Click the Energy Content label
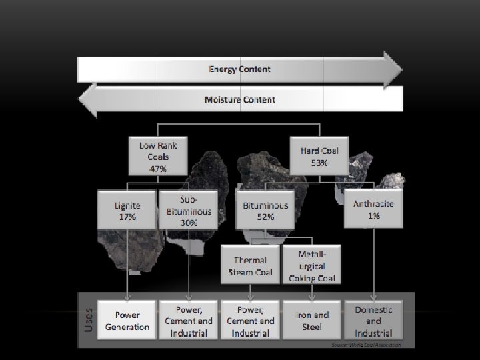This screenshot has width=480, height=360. tap(240, 69)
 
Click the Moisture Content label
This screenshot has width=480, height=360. tap(240, 100)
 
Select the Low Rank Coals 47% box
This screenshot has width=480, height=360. tap(158, 157)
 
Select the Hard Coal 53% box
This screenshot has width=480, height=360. tap(319, 157)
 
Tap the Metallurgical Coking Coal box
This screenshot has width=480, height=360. tap(312, 265)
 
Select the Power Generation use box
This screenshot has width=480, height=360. tap(127, 321)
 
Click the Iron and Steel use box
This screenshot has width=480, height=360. tap(312, 321)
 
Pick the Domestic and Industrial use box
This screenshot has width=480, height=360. tap(373, 321)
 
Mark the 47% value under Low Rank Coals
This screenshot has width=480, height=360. tap(158, 169)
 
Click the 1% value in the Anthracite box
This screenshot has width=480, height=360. tap(373, 216)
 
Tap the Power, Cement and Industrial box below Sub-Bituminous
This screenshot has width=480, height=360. tap(189, 321)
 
